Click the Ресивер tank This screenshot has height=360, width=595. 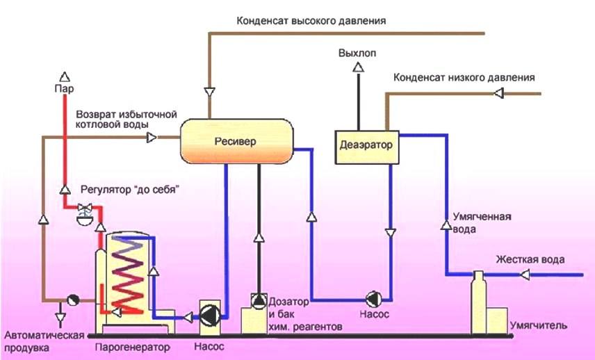point(234,140)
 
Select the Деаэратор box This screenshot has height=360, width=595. point(366,146)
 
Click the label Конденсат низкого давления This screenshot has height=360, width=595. point(464,78)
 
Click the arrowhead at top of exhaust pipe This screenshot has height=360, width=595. point(357,67)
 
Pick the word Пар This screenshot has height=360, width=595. point(64,89)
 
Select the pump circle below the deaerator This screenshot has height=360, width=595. point(374,299)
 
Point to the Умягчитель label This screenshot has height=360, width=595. point(539,325)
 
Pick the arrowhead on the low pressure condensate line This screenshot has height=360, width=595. point(498,93)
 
